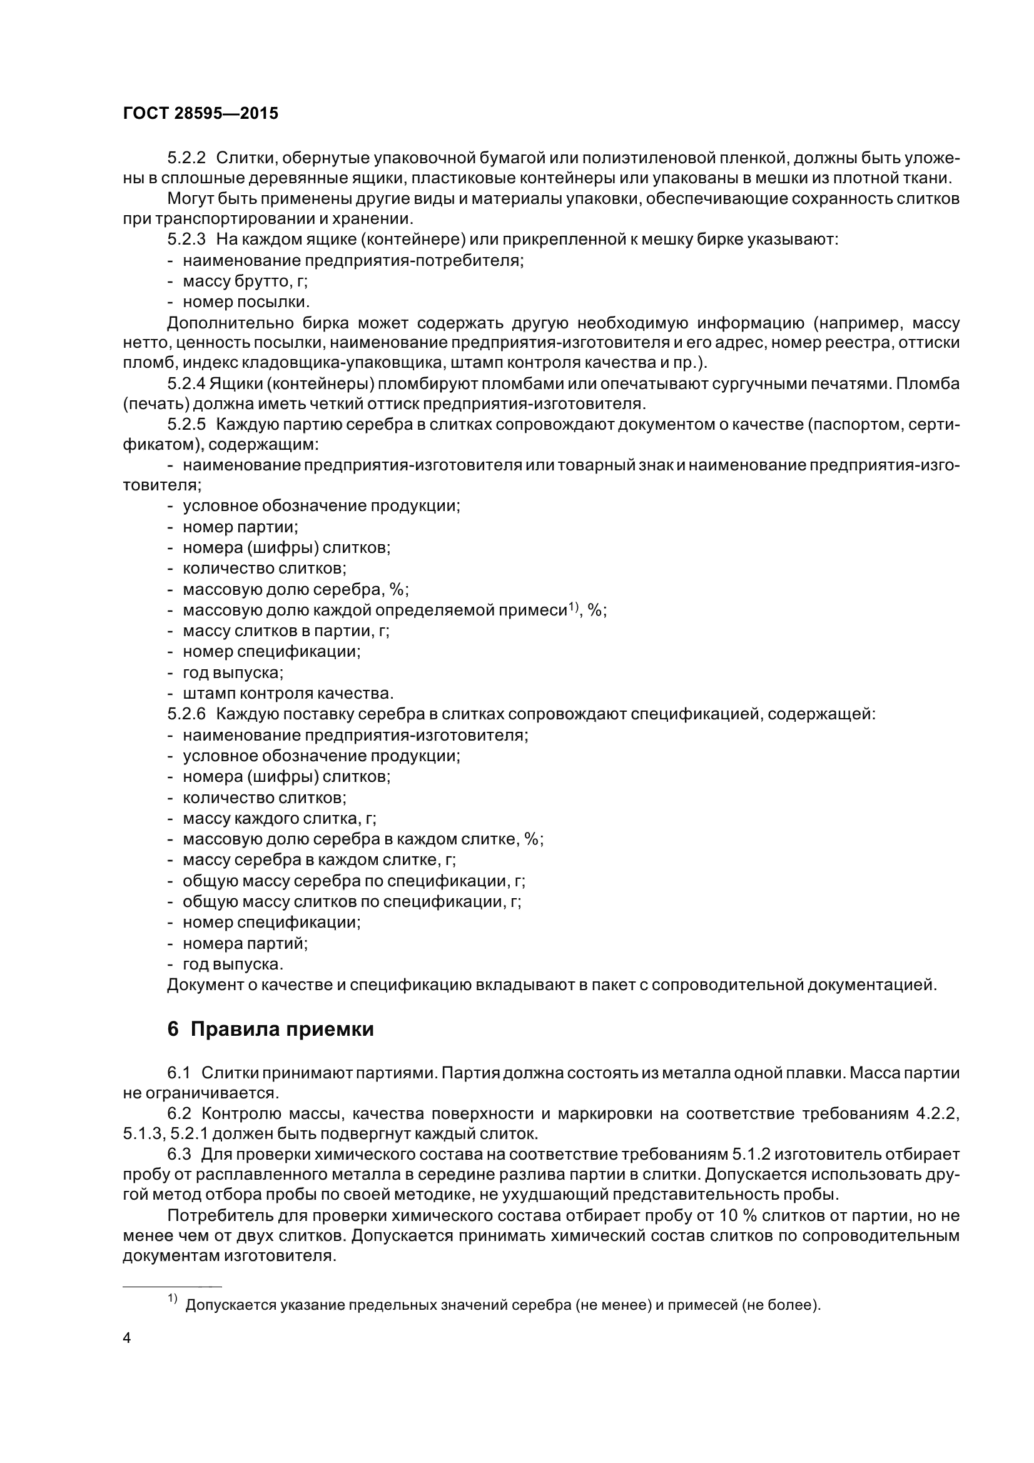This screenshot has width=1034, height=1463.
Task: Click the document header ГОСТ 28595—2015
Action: pyautogui.click(x=201, y=113)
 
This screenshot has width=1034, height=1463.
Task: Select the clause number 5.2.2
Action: pyautogui.click(x=186, y=158)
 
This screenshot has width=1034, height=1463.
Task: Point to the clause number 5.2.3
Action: pyautogui.click(x=186, y=240)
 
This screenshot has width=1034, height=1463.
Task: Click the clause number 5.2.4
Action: pyautogui.click(x=186, y=384)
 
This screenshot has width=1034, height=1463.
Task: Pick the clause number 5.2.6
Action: pyautogui.click(x=186, y=714)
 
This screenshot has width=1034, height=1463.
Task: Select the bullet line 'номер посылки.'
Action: pyautogui.click(x=246, y=301)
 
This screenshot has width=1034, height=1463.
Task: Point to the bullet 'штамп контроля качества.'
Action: pyautogui.click(x=288, y=693)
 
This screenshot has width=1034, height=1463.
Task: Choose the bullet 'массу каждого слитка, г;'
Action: pyautogui.click(x=279, y=818)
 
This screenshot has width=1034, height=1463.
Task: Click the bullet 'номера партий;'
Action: pyautogui.click(x=245, y=943)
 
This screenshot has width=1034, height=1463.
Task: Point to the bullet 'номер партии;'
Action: pyautogui.click(x=240, y=527)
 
